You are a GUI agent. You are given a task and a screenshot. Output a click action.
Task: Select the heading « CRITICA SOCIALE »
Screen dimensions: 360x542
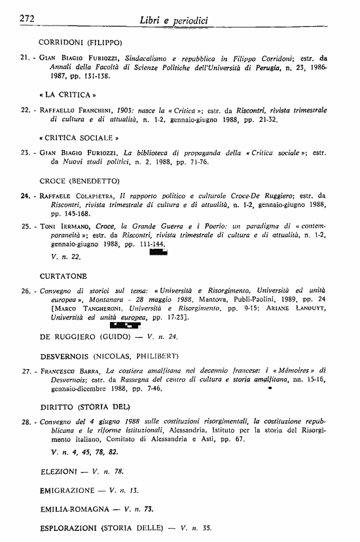(x=79, y=139)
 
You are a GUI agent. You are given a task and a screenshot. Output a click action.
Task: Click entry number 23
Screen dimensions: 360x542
(x=25, y=153)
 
